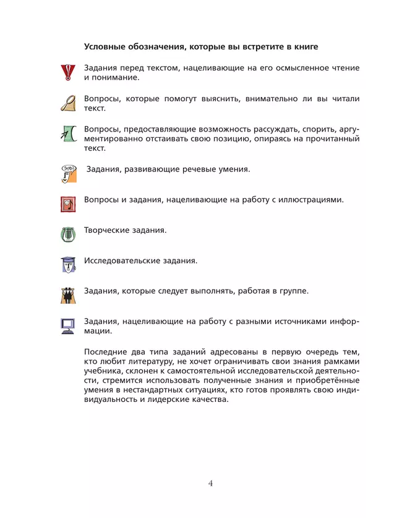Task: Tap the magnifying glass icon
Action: pyautogui.click(x=67, y=102)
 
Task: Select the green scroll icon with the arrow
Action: pyautogui.click(x=67, y=133)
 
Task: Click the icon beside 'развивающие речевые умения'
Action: pyautogui.click(x=68, y=173)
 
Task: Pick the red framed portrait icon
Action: pyautogui.click(x=67, y=204)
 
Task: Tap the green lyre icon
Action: pyautogui.click(x=67, y=234)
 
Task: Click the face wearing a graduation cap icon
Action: pyautogui.click(x=67, y=264)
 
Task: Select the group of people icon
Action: pyautogui.click(x=67, y=295)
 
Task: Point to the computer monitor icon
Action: pyautogui.click(x=67, y=325)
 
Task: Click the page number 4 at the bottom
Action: pyautogui.click(x=210, y=483)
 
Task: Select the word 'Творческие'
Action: pyautogui.click(x=108, y=230)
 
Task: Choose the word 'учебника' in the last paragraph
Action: pyautogui.click(x=103, y=371)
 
